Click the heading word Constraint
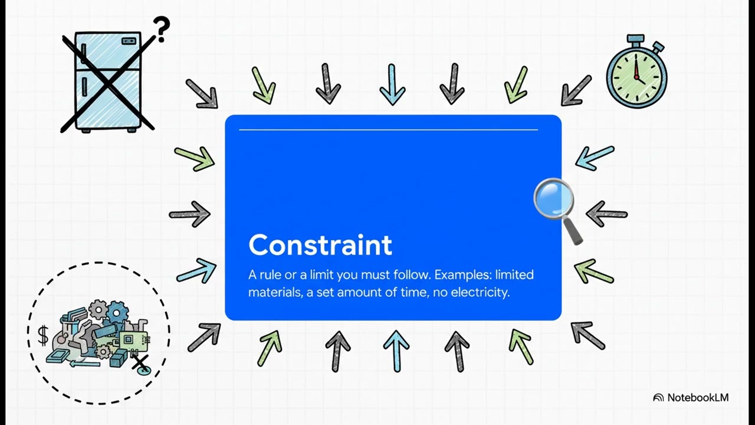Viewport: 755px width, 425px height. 320,245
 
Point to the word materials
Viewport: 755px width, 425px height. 274,292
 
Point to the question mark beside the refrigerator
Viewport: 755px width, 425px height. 160,29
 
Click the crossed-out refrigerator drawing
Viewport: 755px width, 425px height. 107,81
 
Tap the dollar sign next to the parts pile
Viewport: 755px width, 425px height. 43,335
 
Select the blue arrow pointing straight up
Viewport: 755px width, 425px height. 396,349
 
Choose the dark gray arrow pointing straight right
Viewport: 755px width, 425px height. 190,214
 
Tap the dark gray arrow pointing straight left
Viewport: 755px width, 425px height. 606,214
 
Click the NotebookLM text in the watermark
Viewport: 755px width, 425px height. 698,398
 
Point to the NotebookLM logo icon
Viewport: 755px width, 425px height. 658,398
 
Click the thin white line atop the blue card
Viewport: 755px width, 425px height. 388,129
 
